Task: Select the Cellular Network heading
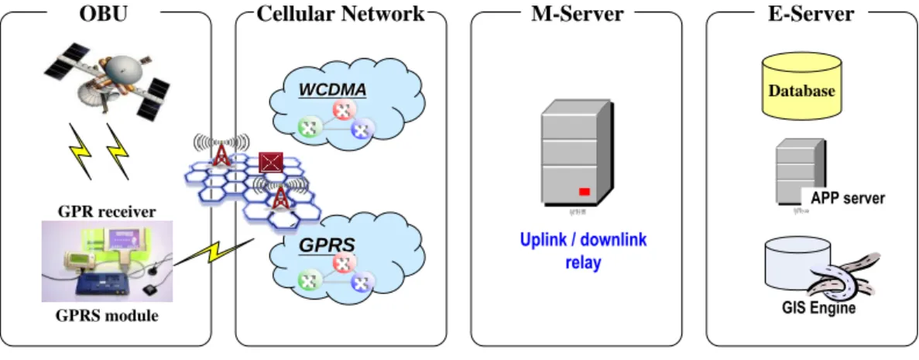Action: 341,13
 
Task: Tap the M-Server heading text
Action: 577,13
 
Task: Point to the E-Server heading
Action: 811,13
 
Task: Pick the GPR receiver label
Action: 107,211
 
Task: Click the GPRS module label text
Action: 107,317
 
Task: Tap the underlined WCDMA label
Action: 332,90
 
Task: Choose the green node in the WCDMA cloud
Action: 307,127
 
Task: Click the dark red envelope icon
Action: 271,162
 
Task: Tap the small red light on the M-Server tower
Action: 585,192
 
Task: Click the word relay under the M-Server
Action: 583,262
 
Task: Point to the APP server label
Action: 848,198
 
